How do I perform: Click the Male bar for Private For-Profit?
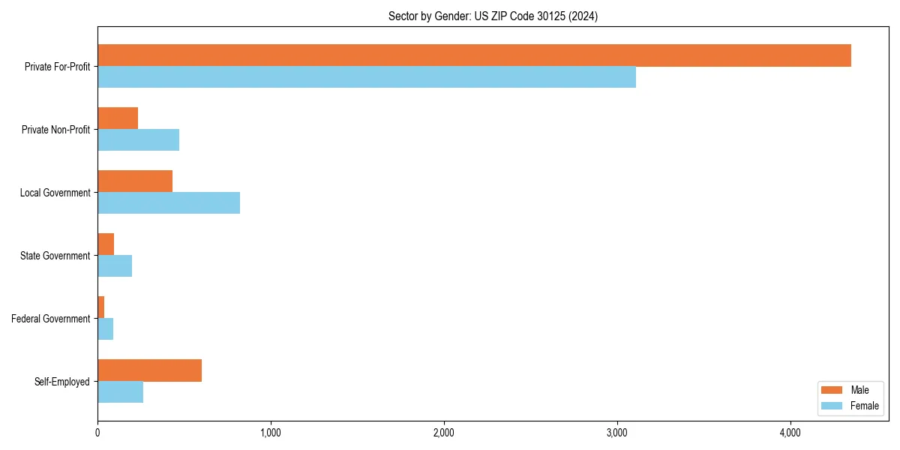pos(474,55)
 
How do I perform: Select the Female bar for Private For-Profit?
pos(367,76)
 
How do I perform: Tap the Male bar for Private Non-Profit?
pos(118,118)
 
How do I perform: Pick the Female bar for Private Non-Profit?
pos(138,139)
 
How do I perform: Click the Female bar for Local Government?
pos(169,202)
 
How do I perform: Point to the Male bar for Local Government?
pos(135,181)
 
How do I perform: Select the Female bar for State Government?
pos(115,265)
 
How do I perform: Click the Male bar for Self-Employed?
pos(149,370)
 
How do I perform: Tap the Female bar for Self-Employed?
pos(120,391)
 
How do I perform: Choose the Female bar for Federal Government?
pos(105,328)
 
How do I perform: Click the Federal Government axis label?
pos(51,319)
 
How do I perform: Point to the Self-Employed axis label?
pos(62,382)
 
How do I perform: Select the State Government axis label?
pos(55,256)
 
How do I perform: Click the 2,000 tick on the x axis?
pos(444,433)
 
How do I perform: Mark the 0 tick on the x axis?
pos(97,433)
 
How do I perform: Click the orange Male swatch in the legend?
pos(832,390)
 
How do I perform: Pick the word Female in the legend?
pos(864,406)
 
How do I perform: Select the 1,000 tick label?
pos(271,433)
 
